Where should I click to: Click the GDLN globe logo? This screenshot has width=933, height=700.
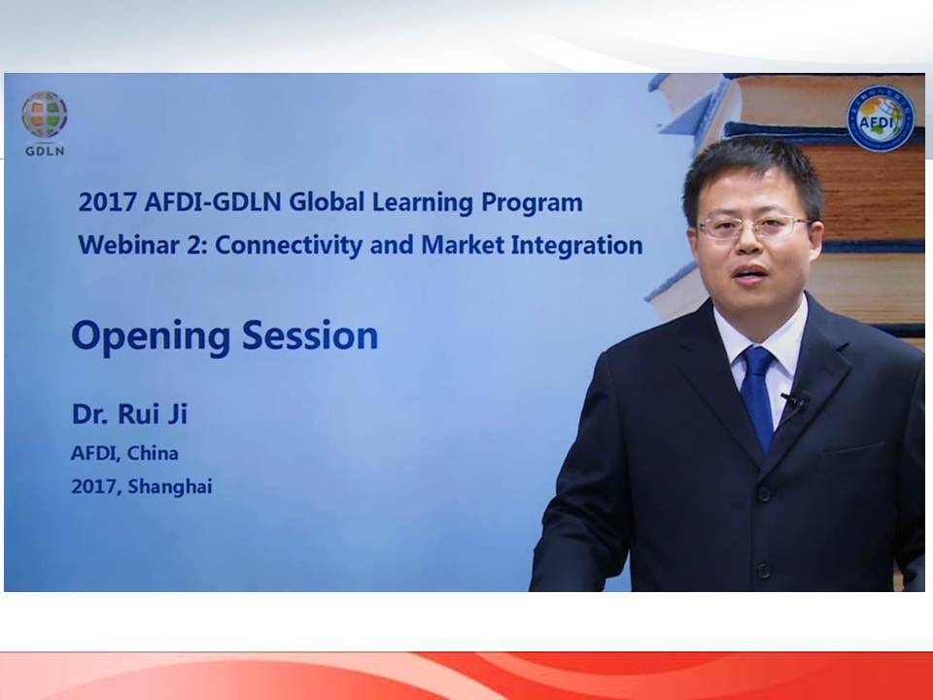[45, 115]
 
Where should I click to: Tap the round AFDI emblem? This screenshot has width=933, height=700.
[881, 119]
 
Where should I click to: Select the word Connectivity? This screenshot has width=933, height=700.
[288, 245]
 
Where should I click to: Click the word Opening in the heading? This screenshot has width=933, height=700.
[151, 336]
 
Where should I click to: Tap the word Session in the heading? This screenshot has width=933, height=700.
[310, 335]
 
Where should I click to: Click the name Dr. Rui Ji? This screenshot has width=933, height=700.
[129, 414]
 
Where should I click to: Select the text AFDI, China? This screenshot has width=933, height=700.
[124, 454]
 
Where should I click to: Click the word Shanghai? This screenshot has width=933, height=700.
[169, 487]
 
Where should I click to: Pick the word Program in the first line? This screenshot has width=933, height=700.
[532, 203]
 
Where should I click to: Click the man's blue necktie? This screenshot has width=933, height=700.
[757, 397]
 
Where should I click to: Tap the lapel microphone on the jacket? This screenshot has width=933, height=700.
[796, 400]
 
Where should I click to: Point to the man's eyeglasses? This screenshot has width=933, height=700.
[754, 227]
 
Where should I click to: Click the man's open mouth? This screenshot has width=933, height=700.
[751, 273]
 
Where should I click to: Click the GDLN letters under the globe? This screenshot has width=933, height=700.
[45, 152]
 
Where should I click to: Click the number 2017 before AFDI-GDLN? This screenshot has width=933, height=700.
[107, 202]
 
